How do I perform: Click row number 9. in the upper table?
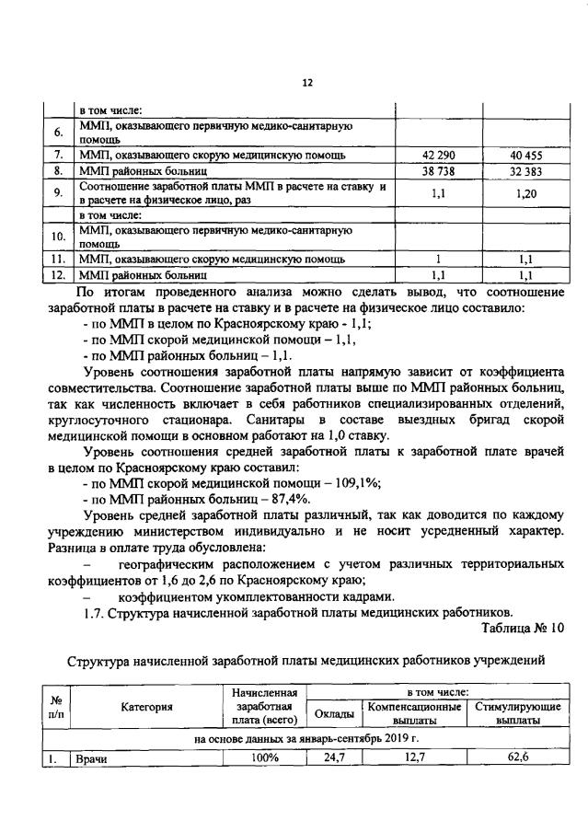(x=57, y=193)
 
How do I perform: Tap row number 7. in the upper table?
(x=57, y=155)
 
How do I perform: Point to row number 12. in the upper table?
(x=57, y=274)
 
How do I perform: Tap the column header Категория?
(x=146, y=707)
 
